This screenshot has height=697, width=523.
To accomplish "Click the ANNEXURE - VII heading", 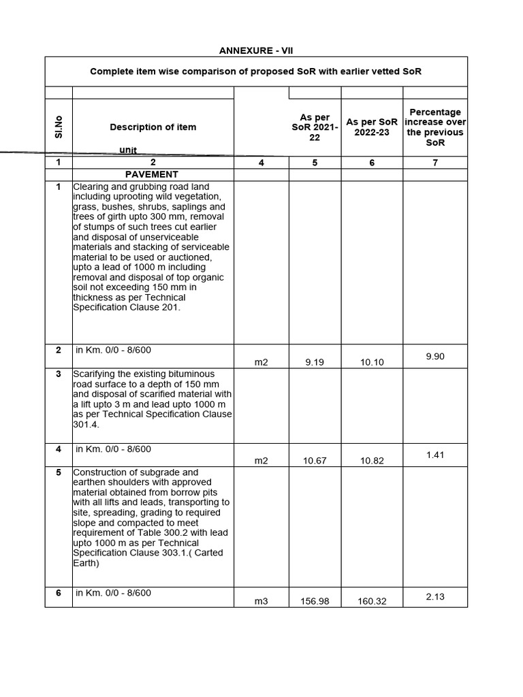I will click(x=256, y=50).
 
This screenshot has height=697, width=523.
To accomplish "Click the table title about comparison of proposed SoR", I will click(x=256, y=71).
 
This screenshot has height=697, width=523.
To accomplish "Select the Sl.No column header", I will click(x=59, y=127).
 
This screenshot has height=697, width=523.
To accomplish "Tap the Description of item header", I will click(x=153, y=127).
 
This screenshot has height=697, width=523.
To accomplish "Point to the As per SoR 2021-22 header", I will click(x=314, y=127).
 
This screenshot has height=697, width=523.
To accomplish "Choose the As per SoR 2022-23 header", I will click(x=372, y=127).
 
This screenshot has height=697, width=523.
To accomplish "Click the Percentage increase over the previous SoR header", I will click(x=434, y=127).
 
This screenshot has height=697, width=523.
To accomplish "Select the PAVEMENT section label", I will click(x=153, y=174).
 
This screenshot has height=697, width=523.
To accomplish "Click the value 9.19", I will click(x=314, y=363).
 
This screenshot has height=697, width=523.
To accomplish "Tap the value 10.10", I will click(x=372, y=363).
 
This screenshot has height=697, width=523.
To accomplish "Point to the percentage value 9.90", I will click(x=434, y=356).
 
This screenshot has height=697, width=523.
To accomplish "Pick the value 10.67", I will click(x=314, y=461).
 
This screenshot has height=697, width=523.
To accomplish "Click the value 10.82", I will click(x=372, y=461).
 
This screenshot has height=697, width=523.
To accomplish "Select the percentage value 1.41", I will click(x=434, y=455).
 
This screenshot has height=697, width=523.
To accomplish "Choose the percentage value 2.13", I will click(x=434, y=596).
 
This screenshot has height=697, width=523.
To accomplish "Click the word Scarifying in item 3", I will click(x=95, y=374).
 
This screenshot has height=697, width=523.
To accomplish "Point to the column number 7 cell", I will click(x=434, y=163).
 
